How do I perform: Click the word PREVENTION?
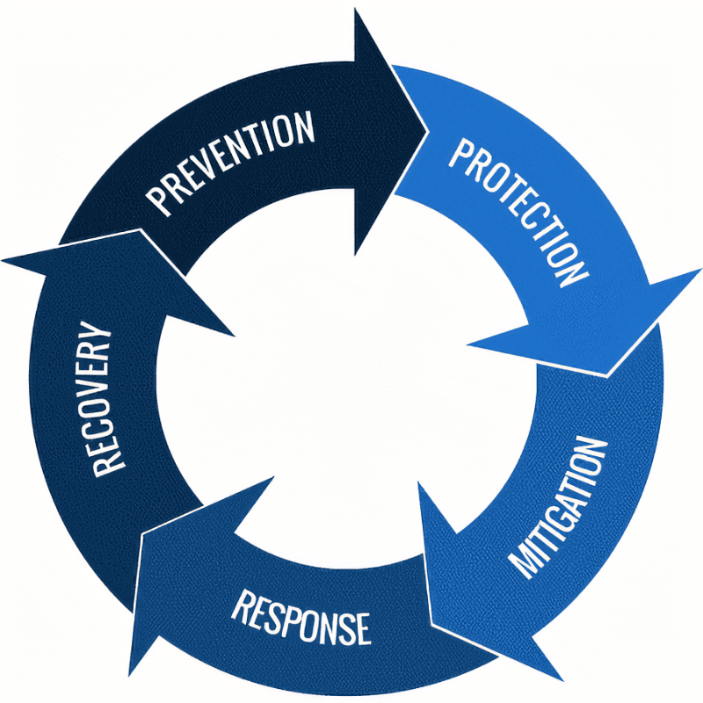pos(230,163)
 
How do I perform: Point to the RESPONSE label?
pos(301,619)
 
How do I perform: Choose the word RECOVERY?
pos(102,399)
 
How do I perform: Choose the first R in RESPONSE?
pos(243,605)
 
